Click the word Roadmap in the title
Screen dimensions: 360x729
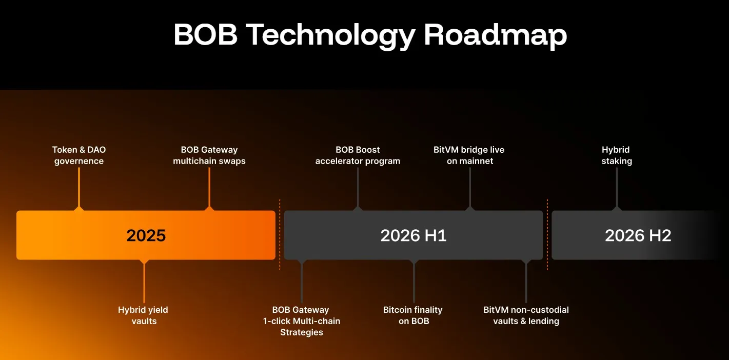point(496,35)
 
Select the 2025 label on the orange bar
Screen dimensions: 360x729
point(146,235)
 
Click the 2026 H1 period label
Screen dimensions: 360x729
point(413,235)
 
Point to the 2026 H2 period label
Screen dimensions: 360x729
point(638,235)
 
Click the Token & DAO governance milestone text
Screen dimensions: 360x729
point(79,155)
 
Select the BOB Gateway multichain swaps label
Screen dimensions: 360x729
point(209,155)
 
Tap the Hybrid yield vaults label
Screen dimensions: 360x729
point(143,315)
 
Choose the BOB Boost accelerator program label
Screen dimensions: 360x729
point(358,155)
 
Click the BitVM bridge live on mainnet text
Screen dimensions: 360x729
point(469,155)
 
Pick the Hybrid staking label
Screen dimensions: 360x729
point(616,155)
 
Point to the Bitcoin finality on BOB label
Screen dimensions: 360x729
point(413,315)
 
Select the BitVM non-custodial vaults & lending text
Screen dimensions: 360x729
point(526,315)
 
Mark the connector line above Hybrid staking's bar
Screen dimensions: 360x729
point(617,187)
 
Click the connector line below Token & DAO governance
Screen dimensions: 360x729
point(79,187)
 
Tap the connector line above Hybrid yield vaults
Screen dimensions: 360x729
point(144,282)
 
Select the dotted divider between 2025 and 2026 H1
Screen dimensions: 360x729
point(280,234)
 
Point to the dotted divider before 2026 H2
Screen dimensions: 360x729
point(547,234)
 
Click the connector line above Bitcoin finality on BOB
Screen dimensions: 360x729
point(414,282)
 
